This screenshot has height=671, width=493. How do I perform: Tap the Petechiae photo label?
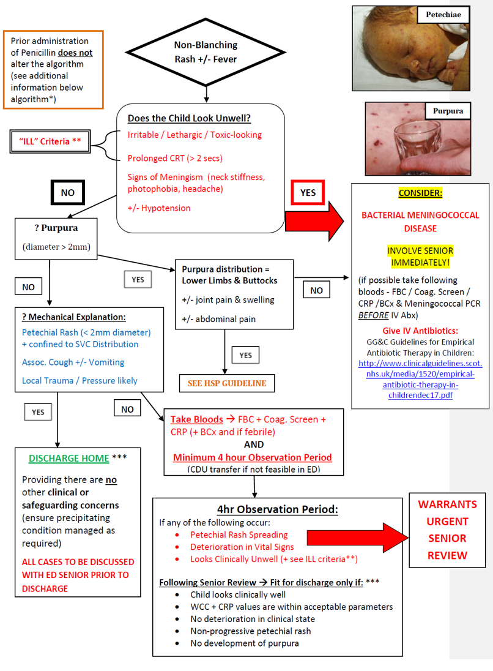[x=443, y=15]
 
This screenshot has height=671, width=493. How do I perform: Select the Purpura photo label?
[x=448, y=111]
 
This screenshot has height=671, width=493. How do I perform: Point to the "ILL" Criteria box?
[x=51, y=141]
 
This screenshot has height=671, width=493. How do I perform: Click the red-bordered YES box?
[x=308, y=192]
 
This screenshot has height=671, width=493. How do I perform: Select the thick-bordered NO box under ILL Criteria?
[x=67, y=192]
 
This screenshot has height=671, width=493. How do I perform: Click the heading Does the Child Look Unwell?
[x=188, y=118]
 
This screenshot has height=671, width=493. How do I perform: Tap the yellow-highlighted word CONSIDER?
[x=420, y=193]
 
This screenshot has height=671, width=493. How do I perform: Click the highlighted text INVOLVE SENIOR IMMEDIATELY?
[x=420, y=257]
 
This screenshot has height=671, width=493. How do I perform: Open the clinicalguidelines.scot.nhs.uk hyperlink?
[x=420, y=374]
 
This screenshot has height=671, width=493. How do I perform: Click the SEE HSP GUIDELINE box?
[x=227, y=383]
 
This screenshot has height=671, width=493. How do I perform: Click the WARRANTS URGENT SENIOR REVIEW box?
[x=447, y=530]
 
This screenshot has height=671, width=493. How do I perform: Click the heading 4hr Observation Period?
[x=277, y=509]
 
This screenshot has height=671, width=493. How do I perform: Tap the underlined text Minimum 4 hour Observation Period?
[x=253, y=457]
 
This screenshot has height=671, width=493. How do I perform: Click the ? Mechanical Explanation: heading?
[x=73, y=317]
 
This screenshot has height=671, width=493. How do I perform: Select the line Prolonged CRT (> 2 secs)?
[x=175, y=158]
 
